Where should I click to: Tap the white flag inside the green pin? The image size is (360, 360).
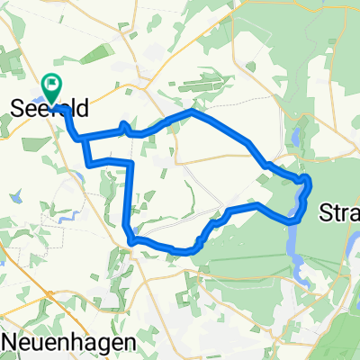[52, 84]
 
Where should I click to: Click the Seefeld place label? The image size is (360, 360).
[49, 109]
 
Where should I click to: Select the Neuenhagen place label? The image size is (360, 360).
[63, 343]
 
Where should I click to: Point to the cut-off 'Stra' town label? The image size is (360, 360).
[340, 214]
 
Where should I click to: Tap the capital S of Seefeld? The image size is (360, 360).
[17, 109]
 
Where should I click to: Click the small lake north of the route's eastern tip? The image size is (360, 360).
[294, 139]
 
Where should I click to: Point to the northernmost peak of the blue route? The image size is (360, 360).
[190, 112]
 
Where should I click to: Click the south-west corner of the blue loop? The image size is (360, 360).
[131, 240]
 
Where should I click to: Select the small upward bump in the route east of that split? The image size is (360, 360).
[122, 125]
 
